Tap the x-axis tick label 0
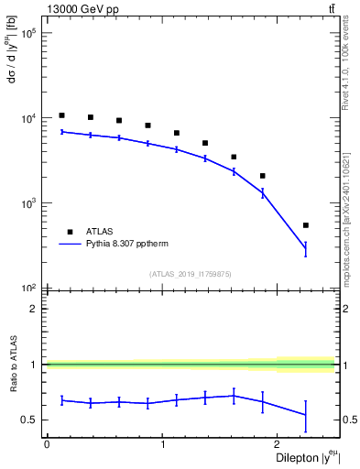47,444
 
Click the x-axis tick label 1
162,444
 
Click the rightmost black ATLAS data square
306,225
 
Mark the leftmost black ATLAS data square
61,115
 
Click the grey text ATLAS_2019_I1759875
190,273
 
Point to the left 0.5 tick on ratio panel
33,420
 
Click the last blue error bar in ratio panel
306,416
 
